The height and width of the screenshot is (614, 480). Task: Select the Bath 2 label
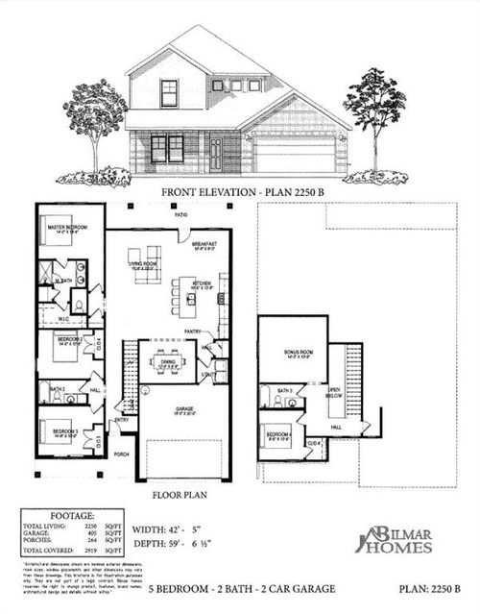[56, 388]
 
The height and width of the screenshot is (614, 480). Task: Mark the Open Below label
[335, 391]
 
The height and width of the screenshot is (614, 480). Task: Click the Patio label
[180, 214]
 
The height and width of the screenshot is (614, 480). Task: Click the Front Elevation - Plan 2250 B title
[239, 192]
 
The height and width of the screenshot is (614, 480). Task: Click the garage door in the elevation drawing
[294, 157]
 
